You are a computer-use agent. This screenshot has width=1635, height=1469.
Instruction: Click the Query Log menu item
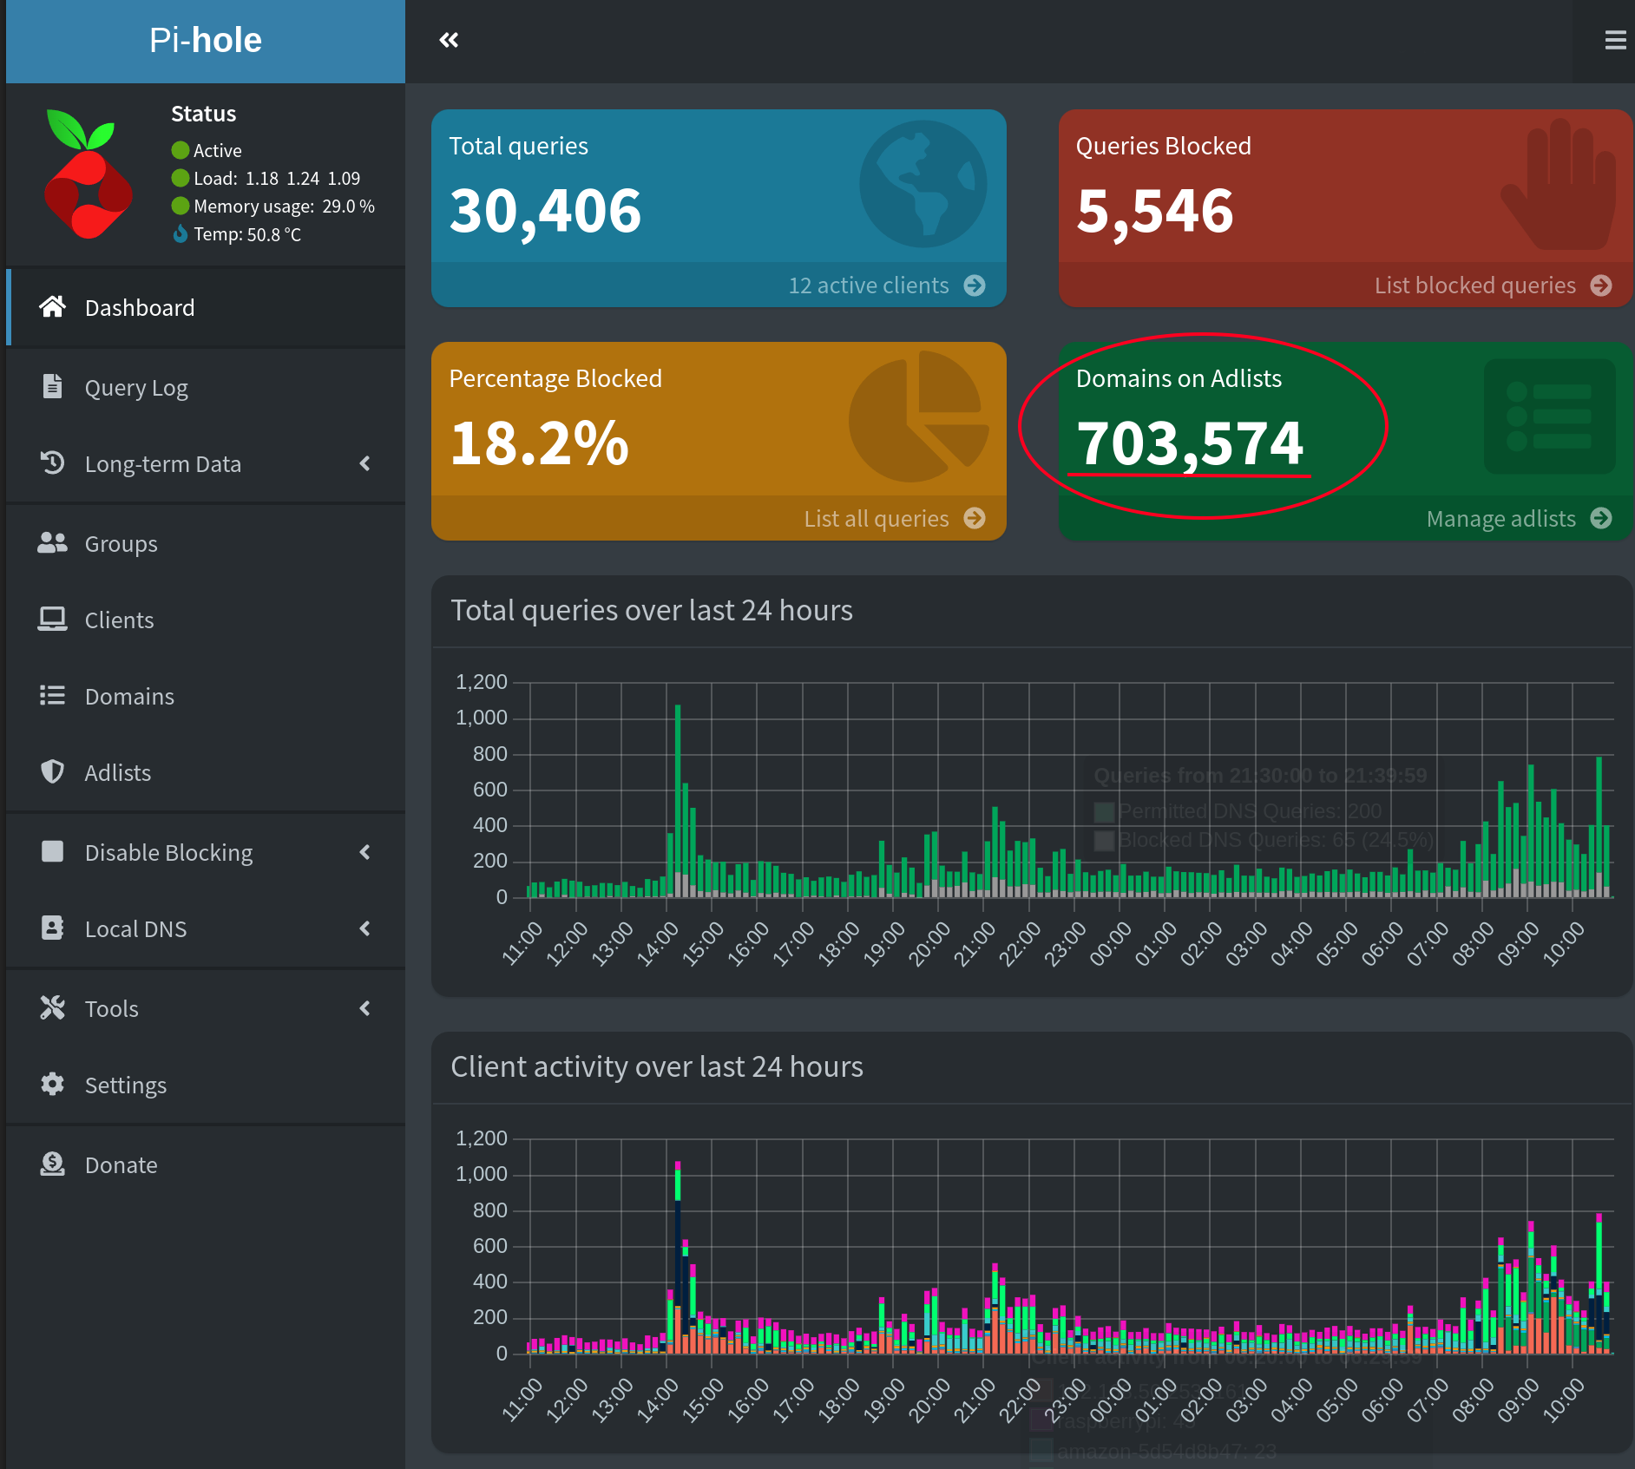coord(135,388)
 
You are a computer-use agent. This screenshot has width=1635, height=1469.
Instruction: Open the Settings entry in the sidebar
coord(125,1085)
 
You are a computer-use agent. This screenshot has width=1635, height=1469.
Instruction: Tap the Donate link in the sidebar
coord(121,1165)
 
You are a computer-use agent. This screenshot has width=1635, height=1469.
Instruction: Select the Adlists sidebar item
coord(117,773)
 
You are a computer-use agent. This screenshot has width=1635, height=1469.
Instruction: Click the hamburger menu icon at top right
coord(1614,40)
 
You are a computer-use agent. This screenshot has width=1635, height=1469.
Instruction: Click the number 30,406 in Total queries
coord(545,211)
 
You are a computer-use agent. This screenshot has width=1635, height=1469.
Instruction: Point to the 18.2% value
coord(538,443)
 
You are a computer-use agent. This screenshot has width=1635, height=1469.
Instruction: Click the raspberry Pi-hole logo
coord(88,174)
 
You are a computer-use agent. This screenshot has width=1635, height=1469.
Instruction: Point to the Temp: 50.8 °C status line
coord(246,234)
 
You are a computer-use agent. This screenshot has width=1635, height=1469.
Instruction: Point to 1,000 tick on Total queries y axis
coord(482,718)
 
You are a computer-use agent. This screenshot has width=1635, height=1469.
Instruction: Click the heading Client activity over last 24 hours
coord(656,1066)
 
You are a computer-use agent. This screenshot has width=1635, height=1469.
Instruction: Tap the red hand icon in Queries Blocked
coord(1560,185)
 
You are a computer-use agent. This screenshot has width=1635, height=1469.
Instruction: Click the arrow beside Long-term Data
coord(365,464)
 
